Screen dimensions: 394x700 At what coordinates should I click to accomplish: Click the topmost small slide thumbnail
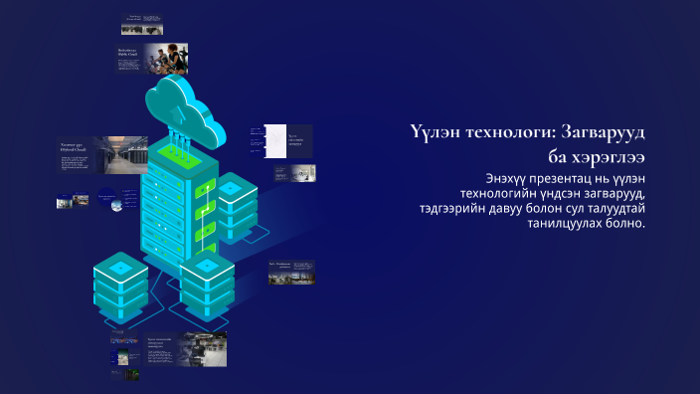(142, 24)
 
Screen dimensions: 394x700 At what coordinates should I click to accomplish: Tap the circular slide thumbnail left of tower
(111, 198)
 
